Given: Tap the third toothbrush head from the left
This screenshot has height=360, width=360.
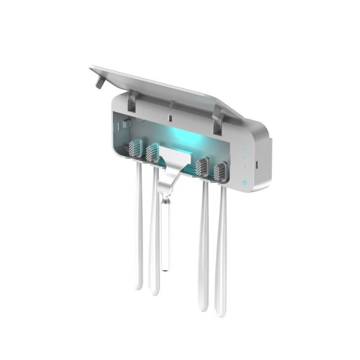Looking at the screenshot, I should pos(203,167).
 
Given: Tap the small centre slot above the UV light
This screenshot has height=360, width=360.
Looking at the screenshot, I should pos(170,115).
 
